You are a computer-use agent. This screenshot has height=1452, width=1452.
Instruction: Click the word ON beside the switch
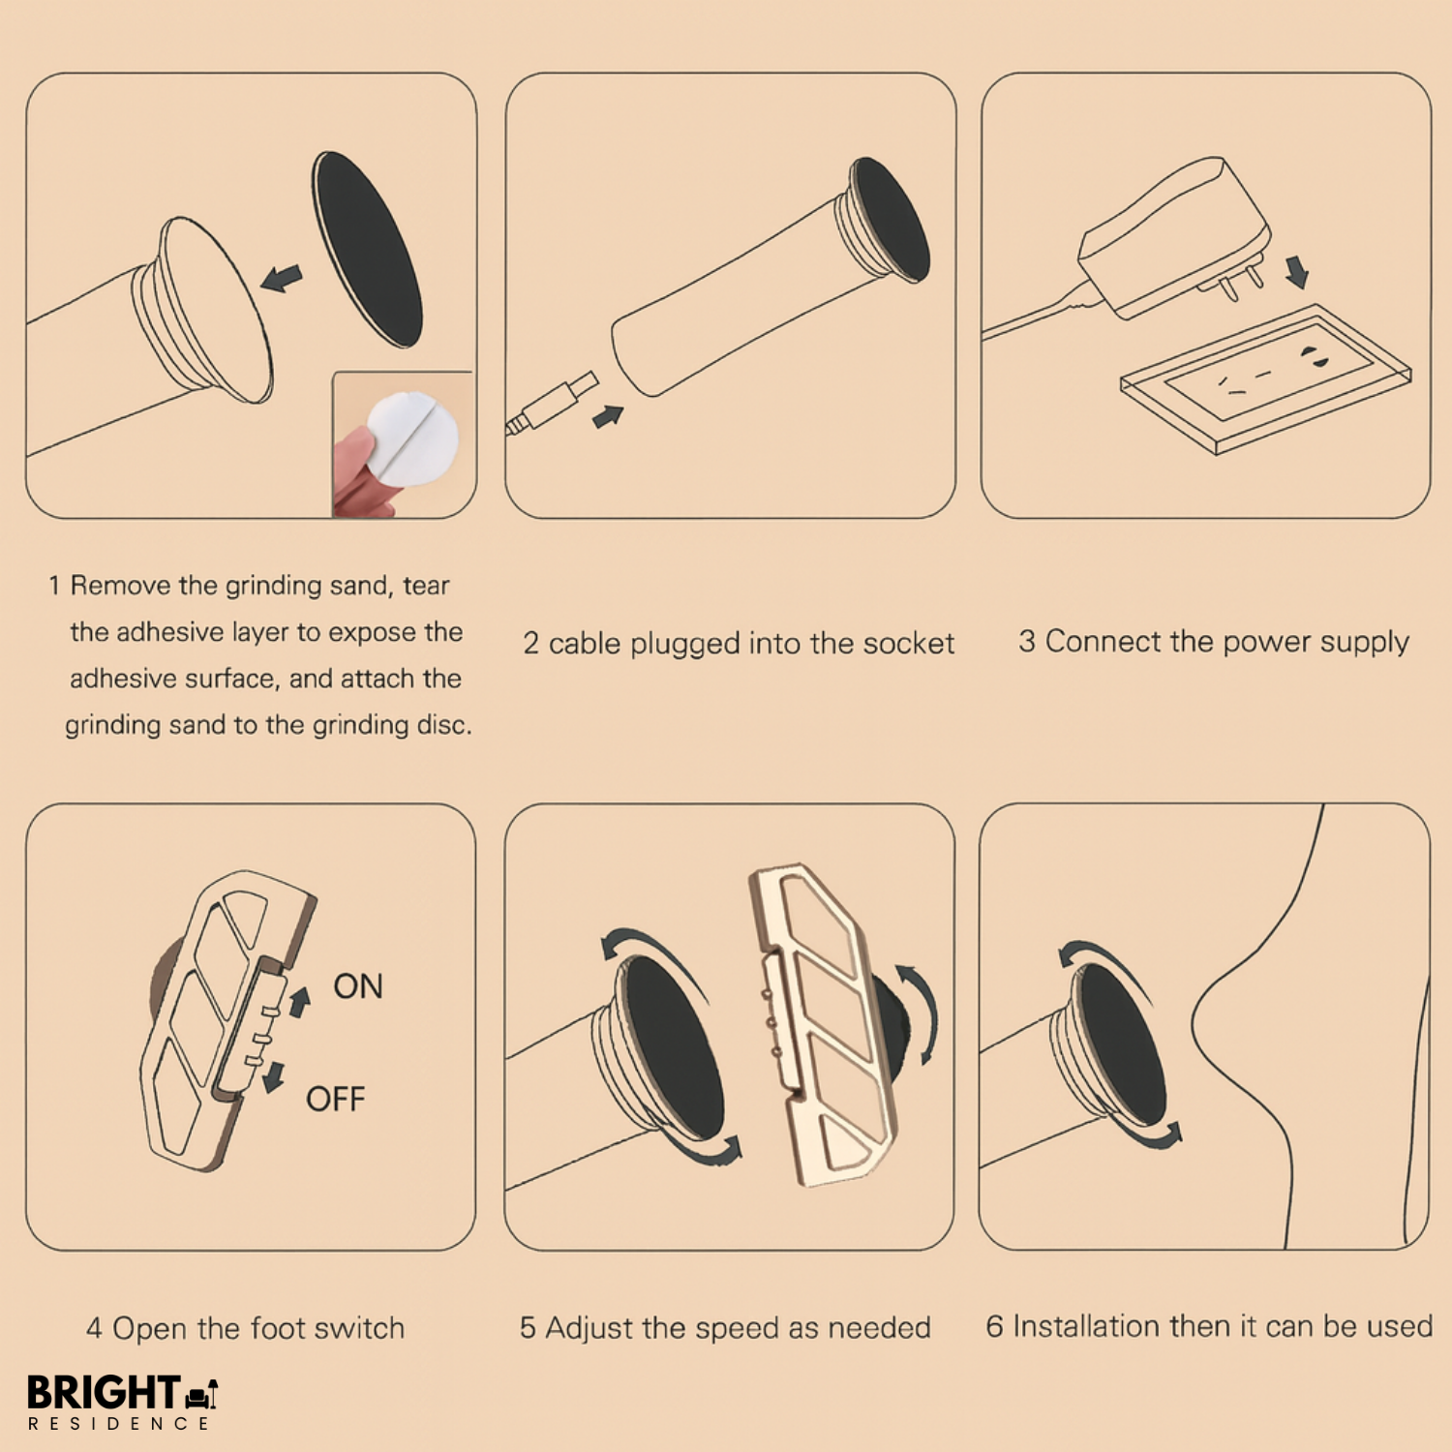[358, 986]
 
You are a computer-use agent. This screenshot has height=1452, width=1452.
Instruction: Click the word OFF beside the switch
[336, 1100]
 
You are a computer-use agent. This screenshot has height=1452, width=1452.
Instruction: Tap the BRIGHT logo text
[104, 1392]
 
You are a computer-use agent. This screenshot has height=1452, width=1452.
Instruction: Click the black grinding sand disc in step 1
[367, 249]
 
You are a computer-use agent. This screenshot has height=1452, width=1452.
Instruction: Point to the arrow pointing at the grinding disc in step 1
[282, 279]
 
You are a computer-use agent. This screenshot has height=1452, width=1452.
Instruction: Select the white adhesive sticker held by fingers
[410, 439]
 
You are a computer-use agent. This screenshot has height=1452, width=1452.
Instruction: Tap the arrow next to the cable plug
[608, 416]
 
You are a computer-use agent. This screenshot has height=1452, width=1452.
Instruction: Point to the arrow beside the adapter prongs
[1297, 272]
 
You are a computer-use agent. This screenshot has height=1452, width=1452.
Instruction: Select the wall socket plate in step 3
[1265, 378]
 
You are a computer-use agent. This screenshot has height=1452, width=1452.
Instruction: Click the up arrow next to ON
[300, 1002]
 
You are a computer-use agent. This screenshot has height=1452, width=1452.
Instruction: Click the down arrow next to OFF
[275, 1076]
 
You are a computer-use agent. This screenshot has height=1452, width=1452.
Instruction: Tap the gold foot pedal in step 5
[824, 1025]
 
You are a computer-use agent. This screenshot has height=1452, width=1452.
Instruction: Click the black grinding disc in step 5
[671, 1046]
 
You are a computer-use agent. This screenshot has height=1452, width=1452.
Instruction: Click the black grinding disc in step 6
[1122, 1044]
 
